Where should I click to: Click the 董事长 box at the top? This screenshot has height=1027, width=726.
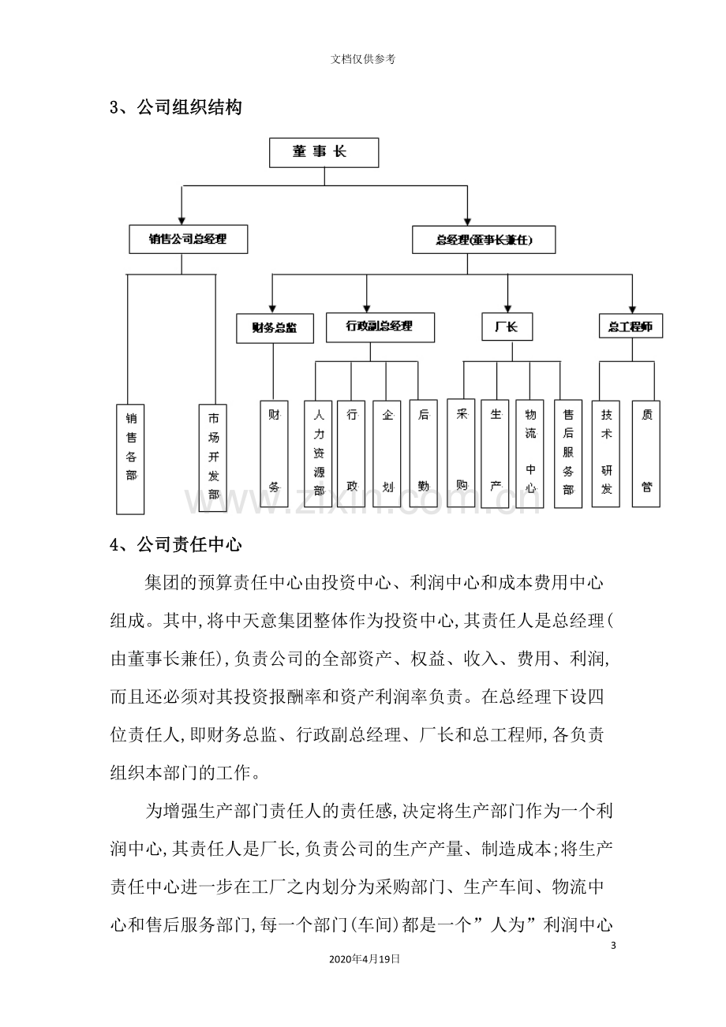click(x=324, y=153)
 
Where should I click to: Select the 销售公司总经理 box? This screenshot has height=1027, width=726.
click(x=188, y=239)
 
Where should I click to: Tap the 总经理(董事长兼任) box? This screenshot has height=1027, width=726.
click(x=484, y=239)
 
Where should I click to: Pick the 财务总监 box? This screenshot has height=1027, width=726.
click(x=275, y=328)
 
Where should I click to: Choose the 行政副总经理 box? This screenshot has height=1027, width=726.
click(x=380, y=327)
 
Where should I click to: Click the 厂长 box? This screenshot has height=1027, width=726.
click(x=507, y=327)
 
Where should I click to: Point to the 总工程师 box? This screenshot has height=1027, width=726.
click(x=631, y=326)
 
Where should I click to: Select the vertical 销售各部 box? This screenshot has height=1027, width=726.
click(x=130, y=459)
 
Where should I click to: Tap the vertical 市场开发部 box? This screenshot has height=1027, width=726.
click(x=213, y=457)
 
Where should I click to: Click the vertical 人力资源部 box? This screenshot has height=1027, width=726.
click(x=318, y=454)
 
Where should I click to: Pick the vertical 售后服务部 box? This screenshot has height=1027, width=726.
click(x=568, y=454)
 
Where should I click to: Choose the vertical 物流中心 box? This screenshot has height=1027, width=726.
click(x=530, y=454)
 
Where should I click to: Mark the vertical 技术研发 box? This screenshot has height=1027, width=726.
click(x=606, y=454)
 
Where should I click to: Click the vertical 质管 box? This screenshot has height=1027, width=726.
click(x=646, y=454)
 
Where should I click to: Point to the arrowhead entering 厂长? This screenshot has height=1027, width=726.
click(x=507, y=308)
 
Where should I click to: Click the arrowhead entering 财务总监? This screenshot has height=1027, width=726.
click(x=272, y=309)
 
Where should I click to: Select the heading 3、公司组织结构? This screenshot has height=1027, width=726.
click(x=176, y=107)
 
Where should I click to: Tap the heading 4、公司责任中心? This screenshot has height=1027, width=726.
click(x=176, y=545)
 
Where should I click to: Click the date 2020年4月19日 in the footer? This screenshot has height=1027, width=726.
click(x=365, y=959)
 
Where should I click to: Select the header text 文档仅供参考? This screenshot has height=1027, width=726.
click(x=363, y=59)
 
